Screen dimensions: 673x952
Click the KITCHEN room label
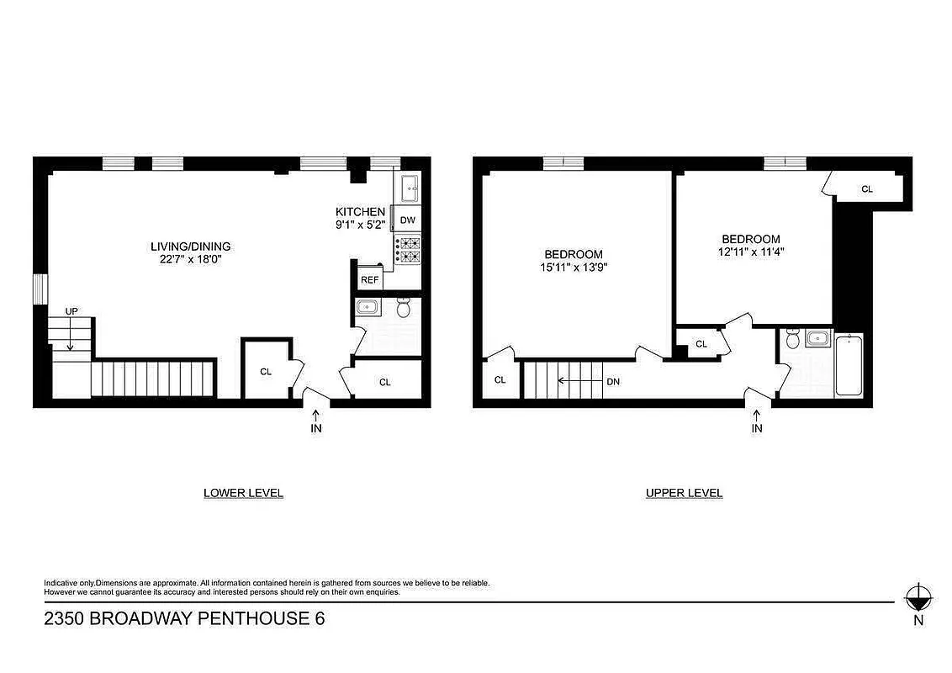pyautogui.click(x=360, y=211)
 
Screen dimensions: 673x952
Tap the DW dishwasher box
pyautogui.click(x=408, y=220)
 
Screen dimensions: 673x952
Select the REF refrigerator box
pyautogui.click(x=368, y=280)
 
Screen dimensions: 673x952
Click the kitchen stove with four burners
pyautogui.click(x=409, y=250)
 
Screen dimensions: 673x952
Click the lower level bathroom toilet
pyautogui.click(x=403, y=310)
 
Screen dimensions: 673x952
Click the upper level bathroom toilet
pyautogui.click(x=791, y=339)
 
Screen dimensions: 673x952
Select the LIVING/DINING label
pyautogui.click(x=190, y=246)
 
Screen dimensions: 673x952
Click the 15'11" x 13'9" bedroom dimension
pyautogui.click(x=574, y=267)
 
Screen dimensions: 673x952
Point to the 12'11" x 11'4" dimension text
pyautogui.click(x=750, y=251)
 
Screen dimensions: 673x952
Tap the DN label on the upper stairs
pyautogui.click(x=613, y=381)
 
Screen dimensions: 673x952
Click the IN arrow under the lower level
pyautogui.click(x=316, y=421)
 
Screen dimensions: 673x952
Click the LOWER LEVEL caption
pyautogui.click(x=243, y=493)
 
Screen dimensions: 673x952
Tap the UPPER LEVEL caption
pyautogui.click(x=684, y=493)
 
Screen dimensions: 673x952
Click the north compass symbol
pyautogui.click(x=918, y=599)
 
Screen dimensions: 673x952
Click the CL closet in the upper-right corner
pyautogui.click(x=866, y=189)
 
